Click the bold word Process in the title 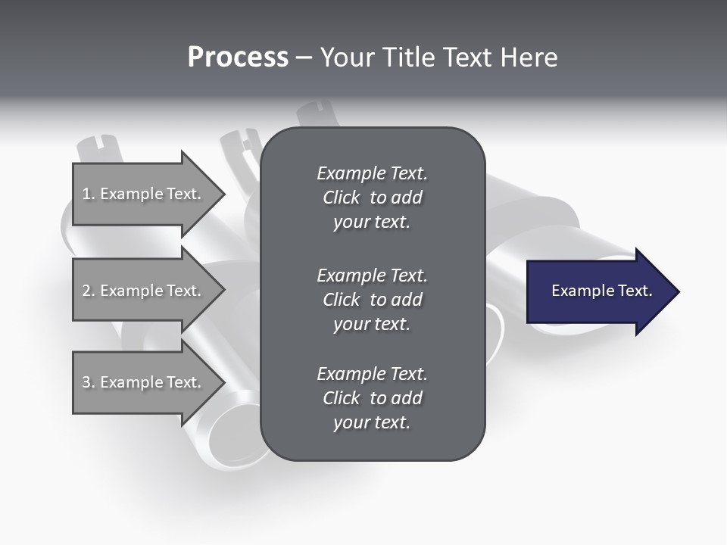(x=238, y=58)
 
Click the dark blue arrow (x=598, y=291)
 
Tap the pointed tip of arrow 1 (x=223, y=194)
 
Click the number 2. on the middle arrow (x=88, y=291)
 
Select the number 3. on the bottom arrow (x=88, y=382)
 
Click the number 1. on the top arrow (x=88, y=194)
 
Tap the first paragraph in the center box (x=372, y=198)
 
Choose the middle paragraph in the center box (x=372, y=300)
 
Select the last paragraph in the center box (x=372, y=398)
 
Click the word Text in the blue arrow (x=635, y=291)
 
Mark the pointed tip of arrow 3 (x=223, y=382)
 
